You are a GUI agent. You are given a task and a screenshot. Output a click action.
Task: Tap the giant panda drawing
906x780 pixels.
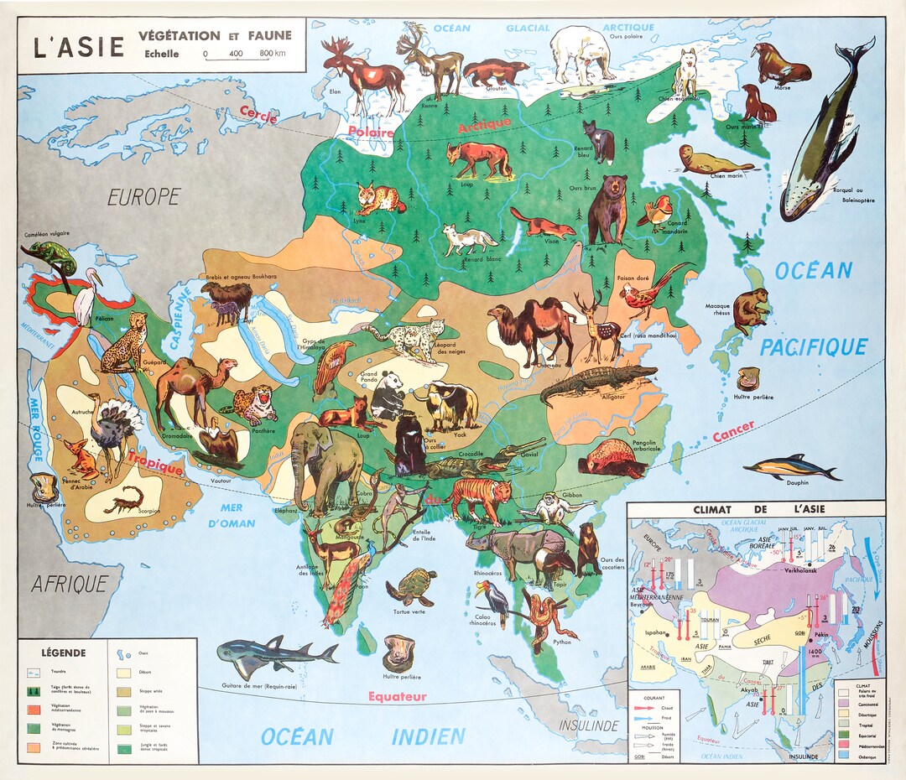click(x=387, y=394)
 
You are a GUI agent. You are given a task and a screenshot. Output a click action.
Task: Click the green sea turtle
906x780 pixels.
click(x=411, y=587)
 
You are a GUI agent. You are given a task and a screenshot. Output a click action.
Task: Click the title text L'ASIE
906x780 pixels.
click(x=77, y=45)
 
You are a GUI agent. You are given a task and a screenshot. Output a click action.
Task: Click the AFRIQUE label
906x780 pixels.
click(x=70, y=584)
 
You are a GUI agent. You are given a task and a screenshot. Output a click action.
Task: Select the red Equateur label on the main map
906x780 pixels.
click(x=396, y=696)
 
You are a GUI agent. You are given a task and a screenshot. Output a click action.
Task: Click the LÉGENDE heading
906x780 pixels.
click(x=63, y=652)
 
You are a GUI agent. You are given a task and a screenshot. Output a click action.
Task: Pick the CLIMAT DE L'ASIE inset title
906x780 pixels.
click(x=750, y=509)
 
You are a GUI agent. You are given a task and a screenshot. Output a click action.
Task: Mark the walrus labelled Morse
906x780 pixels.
click(x=779, y=65)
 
